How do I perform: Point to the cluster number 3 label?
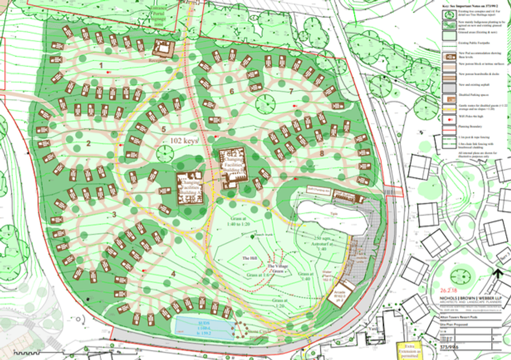pos(113,214)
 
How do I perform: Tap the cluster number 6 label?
pos(231,92)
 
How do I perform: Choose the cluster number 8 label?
pos(322,153)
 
